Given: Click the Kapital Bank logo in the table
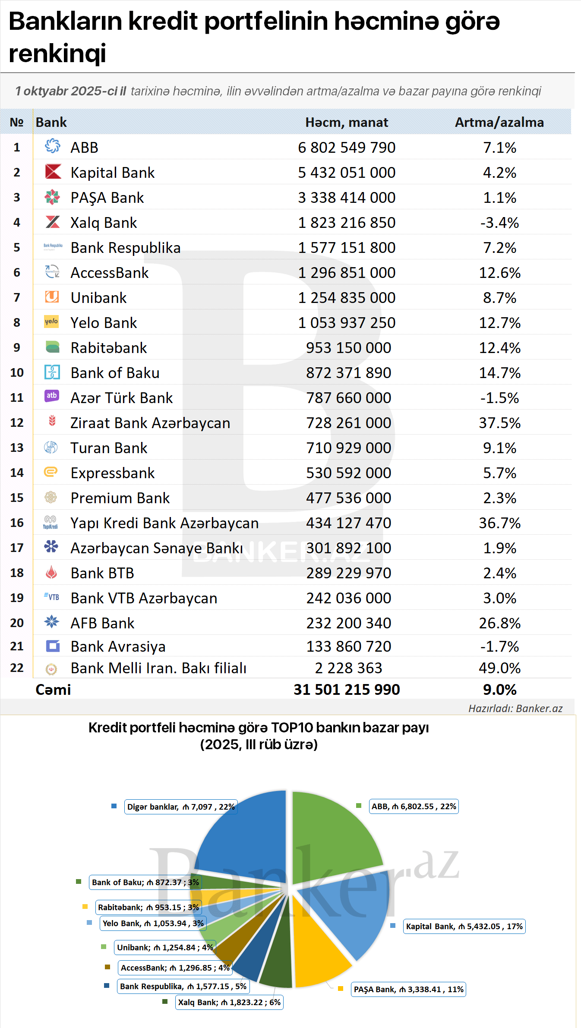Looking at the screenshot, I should pyautogui.click(x=53, y=172).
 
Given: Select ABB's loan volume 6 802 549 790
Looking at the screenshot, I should pyautogui.click(x=347, y=148).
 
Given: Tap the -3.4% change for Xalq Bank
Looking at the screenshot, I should pyautogui.click(x=499, y=223).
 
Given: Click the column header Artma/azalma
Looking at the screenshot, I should pyautogui.click(x=499, y=123).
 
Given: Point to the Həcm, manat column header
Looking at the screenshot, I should pyautogui.click(x=347, y=123).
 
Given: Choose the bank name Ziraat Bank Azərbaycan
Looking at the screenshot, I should pyautogui.click(x=150, y=423).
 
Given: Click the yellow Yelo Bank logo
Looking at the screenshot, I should pyautogui.click(x=51, y=322).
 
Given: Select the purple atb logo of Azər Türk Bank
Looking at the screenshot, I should pyautogui.click(x=52, y=396).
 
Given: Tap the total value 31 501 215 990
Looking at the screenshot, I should pyautogui.click(x=347, y=690).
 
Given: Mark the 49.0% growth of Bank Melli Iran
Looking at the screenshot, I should pyautogui.click(x=499, y=668).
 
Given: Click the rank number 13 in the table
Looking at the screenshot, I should pyautogui.click(x=17, y=448).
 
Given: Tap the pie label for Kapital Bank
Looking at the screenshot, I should pyautogui.click(x=464, y=927).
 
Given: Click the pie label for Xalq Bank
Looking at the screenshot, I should pyautogui.click(x=229, y=1002).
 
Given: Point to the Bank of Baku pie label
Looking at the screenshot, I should pyautogui.click(x=145, y=883).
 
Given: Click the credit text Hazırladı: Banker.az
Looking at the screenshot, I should pyautogui.click(x=515, y=709).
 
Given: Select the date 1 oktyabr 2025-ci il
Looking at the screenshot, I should pyautogui.click(x=71, y=91).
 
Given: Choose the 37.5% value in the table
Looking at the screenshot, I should pyautogui.click(x=499, y=423).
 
